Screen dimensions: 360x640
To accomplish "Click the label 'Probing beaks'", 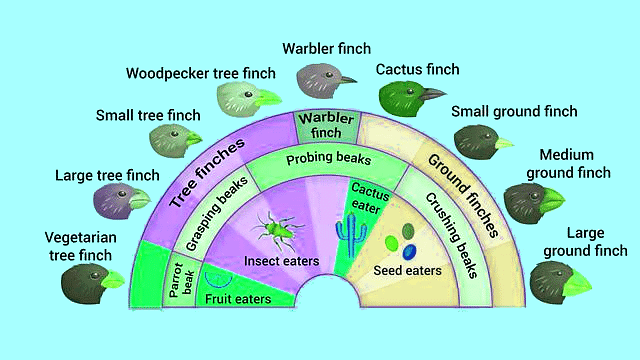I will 329,159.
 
